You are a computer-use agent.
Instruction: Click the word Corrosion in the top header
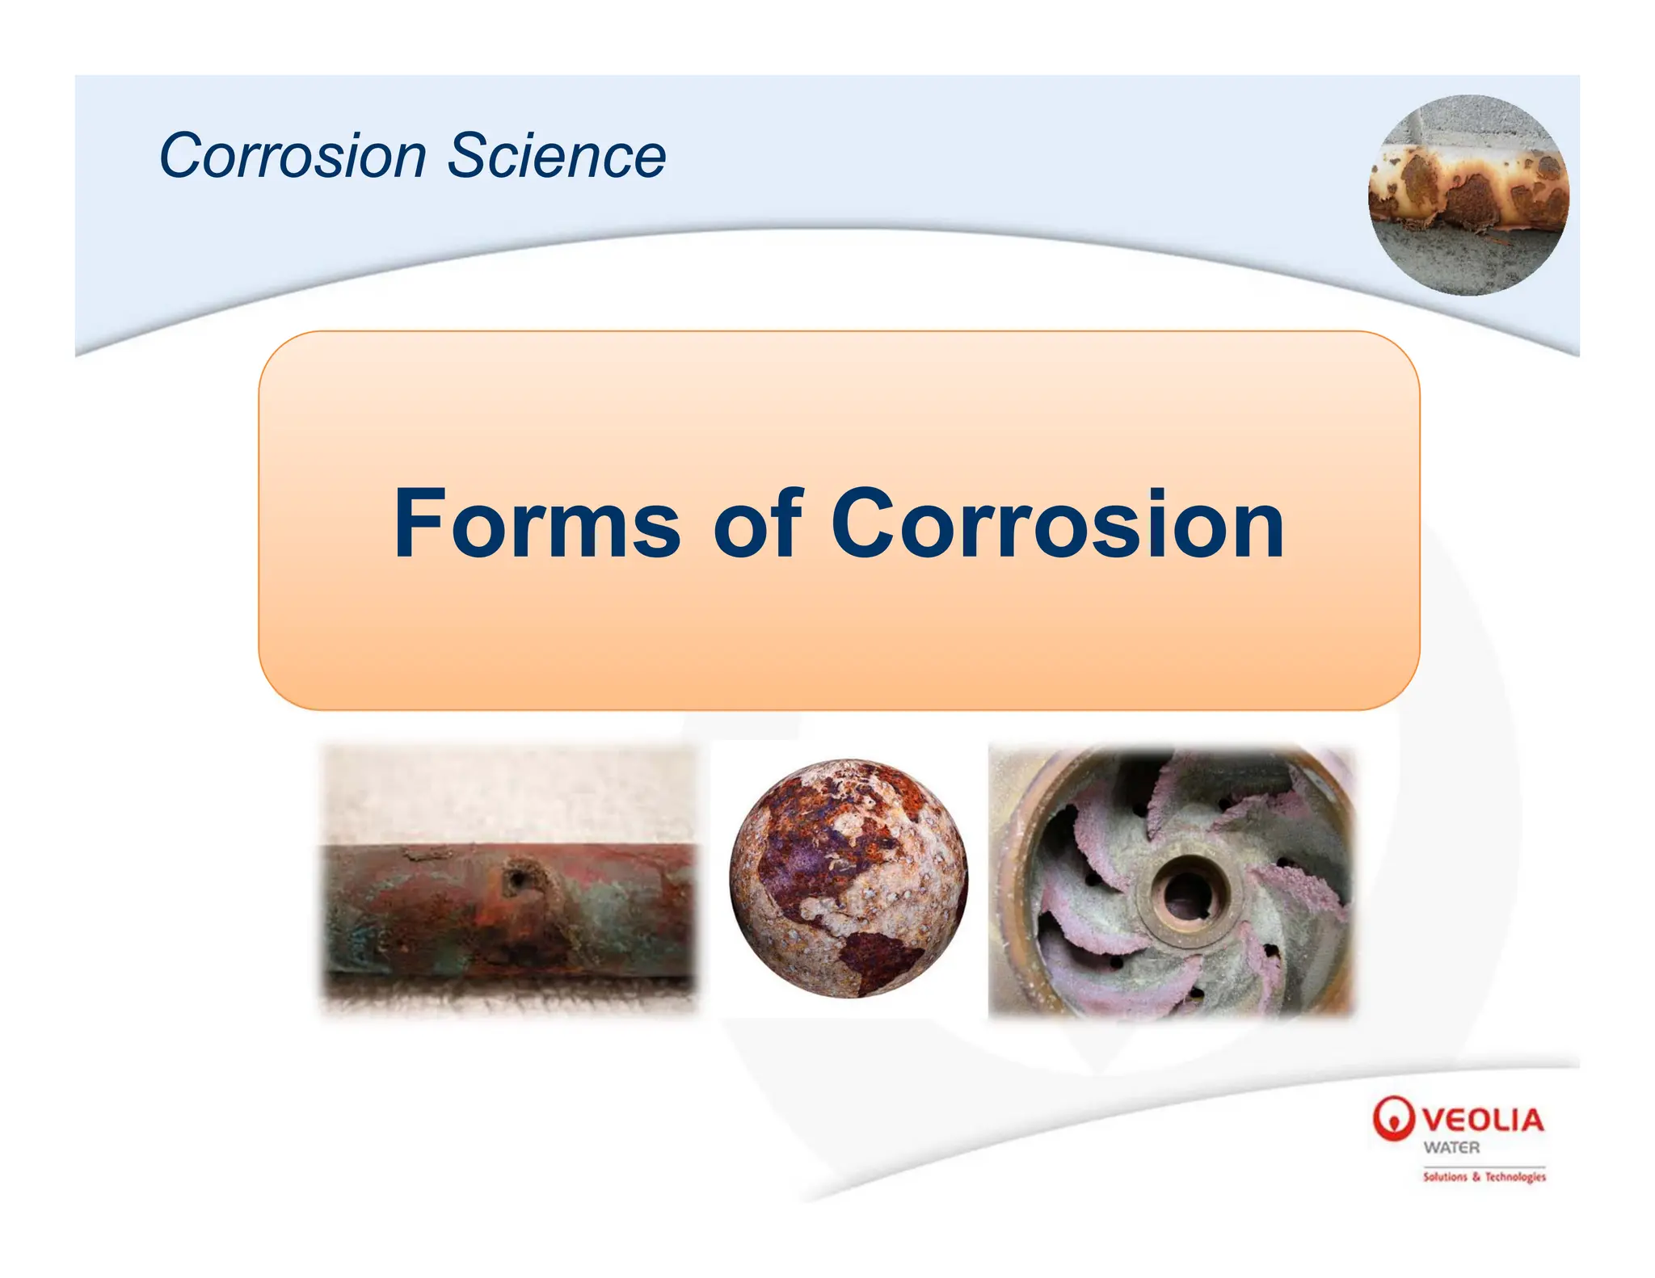(x=293, y=155)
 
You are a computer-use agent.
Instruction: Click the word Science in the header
(x=556, y=155)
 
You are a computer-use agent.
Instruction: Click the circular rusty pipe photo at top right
(x=1468, y=195)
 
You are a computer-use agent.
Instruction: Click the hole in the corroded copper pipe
(x=514, y=878)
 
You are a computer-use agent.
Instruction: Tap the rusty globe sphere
(x=848, y=878)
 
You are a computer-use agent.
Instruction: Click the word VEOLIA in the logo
(x=1483, y=1120)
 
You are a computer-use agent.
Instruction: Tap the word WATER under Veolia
(x=1451, y=1147)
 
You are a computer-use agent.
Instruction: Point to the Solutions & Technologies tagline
(x=1484, y=1177)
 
